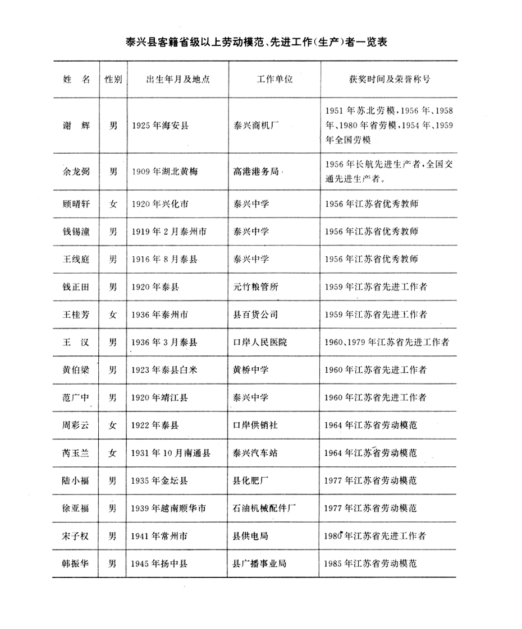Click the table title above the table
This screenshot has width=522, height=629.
pos(257,42)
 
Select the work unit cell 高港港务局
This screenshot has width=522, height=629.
pos(257,172)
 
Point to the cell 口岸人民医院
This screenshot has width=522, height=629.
pos(259,342)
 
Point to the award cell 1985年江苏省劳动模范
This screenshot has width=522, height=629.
pos(371,563)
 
